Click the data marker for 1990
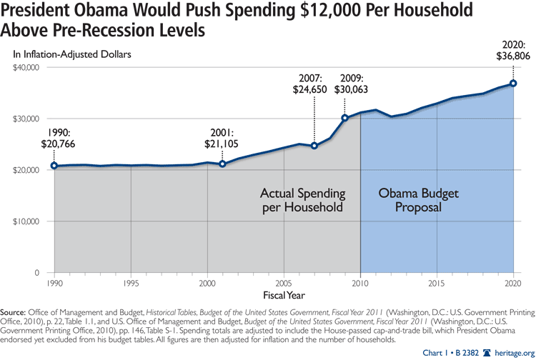pos(54,166)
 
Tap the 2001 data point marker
pos(223,164)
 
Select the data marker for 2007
pos(314,146)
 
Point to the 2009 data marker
pos(345,118)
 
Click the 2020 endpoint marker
pos(513,84)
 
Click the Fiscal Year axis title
pos(282,294)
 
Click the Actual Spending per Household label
pos(302,200)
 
